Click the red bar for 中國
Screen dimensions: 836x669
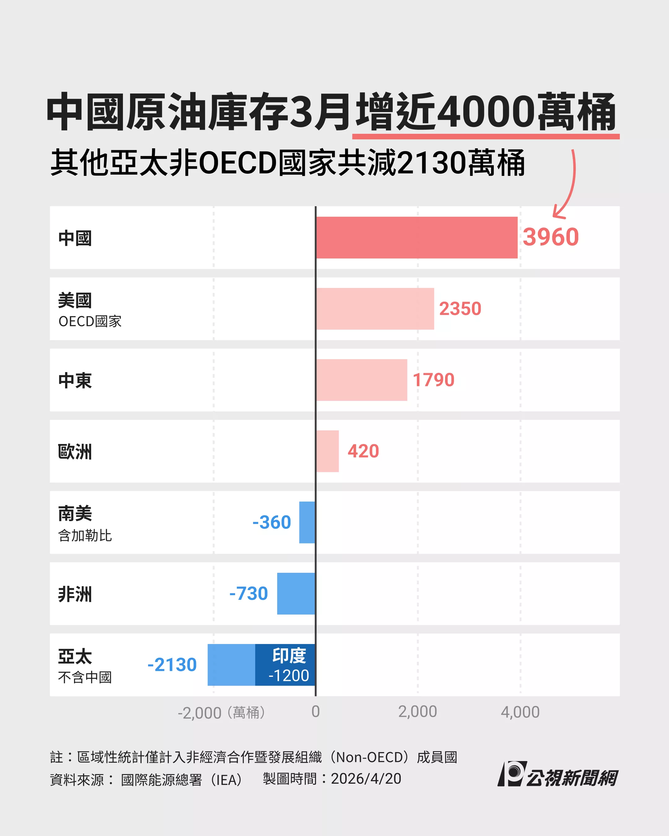(417, 237)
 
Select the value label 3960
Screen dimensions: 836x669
(551, 237)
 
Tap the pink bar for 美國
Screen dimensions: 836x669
(375, 309)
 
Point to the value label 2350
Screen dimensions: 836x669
(460, 309)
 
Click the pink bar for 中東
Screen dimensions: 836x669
(361, 380)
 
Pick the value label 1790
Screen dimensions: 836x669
(433, 380)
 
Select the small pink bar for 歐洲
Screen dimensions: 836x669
(328, 451)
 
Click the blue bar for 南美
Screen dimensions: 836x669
(307, 522)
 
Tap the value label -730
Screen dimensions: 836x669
(249, 594)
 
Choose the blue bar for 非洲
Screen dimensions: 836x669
(296, 594)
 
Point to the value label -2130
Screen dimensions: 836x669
(172, 664)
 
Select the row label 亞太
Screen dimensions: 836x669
(75, 656)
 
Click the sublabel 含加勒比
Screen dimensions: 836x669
(85, 535)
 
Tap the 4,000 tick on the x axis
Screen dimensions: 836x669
(520, 712)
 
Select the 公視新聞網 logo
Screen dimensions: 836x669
(557, 774)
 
